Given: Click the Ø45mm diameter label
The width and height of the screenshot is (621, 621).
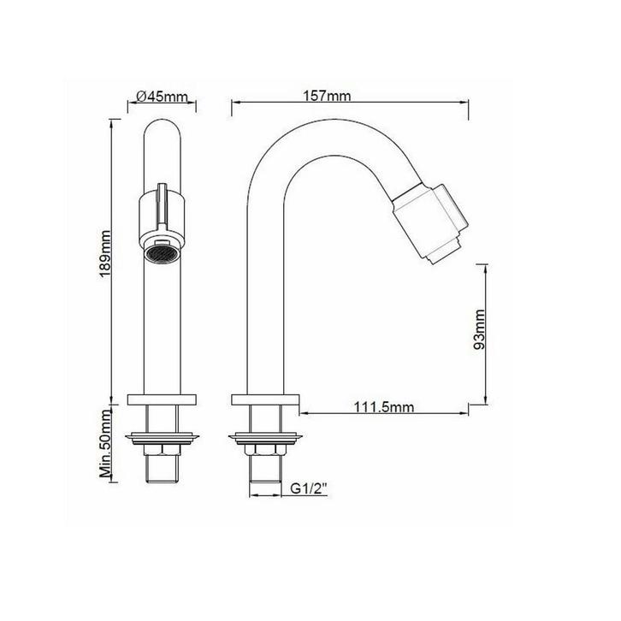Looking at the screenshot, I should (162, 97).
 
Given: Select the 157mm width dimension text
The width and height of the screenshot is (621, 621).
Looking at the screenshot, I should (326, 96).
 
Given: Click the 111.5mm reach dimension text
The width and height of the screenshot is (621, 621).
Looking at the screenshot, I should (384, 408).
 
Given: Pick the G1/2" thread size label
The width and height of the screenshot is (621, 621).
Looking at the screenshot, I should (308, 489).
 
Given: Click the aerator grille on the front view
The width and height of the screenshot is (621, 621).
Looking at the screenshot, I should (160, 254).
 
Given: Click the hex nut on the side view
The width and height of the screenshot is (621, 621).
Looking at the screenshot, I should (263, 452).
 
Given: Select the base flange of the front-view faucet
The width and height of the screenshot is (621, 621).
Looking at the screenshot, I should (162, 399).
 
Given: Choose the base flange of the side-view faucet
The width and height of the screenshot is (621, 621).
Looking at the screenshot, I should (264, 399).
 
